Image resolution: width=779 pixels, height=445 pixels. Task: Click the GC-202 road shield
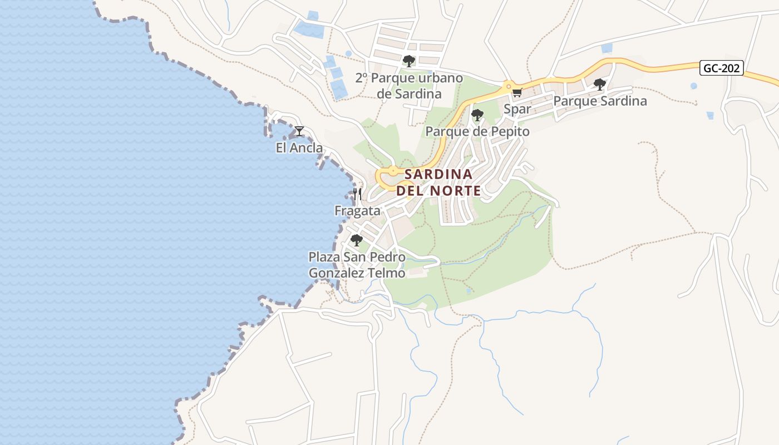pyautogui.click(x=722, y=68)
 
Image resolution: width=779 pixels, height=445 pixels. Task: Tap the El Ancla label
pyautogui.click(x=299, y=148)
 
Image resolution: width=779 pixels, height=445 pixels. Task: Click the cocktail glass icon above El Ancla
pyautogui.click(x=299, y=131)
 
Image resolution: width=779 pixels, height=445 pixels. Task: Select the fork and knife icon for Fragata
pyautogui.click(x=357, y=194)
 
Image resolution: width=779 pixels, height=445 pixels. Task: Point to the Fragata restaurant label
pyautogui.click(x=357, y=211)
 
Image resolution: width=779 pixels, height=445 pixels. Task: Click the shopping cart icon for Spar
pyautogui.click(x=517, y=93)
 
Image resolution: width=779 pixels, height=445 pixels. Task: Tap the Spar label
pyautogui.click(x=517, y=109)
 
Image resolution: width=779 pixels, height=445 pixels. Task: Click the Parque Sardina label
pyautogui.click(x=600, y=101)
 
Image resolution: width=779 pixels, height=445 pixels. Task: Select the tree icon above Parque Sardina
pyautogui.click(x=600, y=85)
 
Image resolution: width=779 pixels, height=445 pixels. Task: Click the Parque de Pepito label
pyautogui.click(x=477, y=132)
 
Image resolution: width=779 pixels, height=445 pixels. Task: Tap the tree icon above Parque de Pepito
pyautogui.click(x=477, y=115)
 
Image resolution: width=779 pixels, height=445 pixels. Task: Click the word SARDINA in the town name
pyautogui.click(x=438, y=175)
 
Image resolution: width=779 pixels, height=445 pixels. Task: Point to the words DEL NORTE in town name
pyautogui.click(x=438, y=191)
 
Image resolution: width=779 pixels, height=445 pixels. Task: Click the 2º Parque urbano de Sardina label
pyautogui.click(x=409, y=86)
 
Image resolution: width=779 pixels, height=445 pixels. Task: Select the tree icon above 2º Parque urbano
pyautogui.click(x=409, y=61)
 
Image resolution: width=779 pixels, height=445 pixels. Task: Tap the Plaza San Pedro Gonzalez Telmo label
pyautogui.click(x=357, y=265)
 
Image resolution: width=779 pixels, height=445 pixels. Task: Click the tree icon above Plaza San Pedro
pyautogui.click(x=357, y=240)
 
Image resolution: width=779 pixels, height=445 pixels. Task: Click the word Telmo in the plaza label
pyautogui.click(x=386, y=274)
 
